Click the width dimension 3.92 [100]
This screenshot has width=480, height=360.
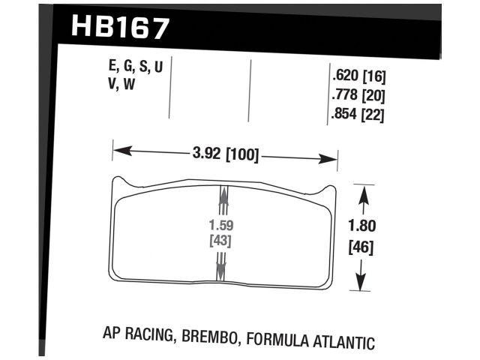click(x=224, y=156)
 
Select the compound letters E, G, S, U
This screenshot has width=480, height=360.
click(x=136, y=68)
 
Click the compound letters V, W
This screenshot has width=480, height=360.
click(x=122, y=85)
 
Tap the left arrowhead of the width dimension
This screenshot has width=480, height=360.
click(x=118, y=151)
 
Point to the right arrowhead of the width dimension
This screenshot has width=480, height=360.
click(x=333, y=159)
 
